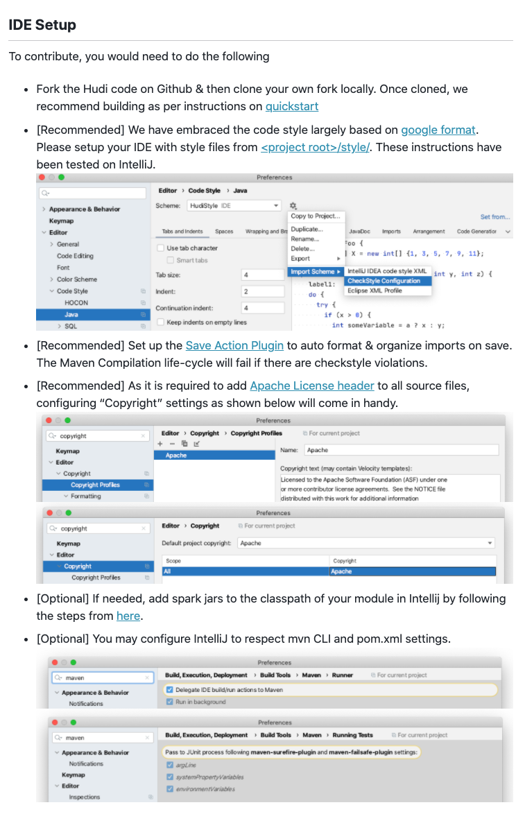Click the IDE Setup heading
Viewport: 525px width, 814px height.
(x=42, y=25)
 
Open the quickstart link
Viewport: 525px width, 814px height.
(x=291, y=106)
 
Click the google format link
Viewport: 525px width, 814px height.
(x=438, y=130)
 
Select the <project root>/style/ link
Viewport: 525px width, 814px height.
(x=315, y=147)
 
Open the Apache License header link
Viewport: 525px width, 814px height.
(x=311, y=386)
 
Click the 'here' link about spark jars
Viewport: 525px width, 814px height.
(x=128, y=616)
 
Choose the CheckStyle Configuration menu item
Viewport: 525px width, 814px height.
(x=384, y=281)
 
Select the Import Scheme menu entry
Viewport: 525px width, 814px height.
(x=314, y=272)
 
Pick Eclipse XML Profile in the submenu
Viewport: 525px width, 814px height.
(x=375, y=291)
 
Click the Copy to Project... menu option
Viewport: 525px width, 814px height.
(x=316, y=216)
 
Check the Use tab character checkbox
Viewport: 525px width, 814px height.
(x=161, y=248)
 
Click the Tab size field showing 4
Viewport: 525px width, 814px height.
(x=263, y=275)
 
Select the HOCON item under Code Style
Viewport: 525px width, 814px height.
(x=76, y=303)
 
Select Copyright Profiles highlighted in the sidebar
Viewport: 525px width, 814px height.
(x=95, y=485)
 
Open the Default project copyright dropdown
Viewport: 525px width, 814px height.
(x=366, y=543)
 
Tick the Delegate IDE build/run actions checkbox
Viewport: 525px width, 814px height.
(x=170, y=690)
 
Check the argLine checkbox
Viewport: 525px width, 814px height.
(x=170, y=765)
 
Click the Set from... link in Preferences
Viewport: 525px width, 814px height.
(x=494, y=217)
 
